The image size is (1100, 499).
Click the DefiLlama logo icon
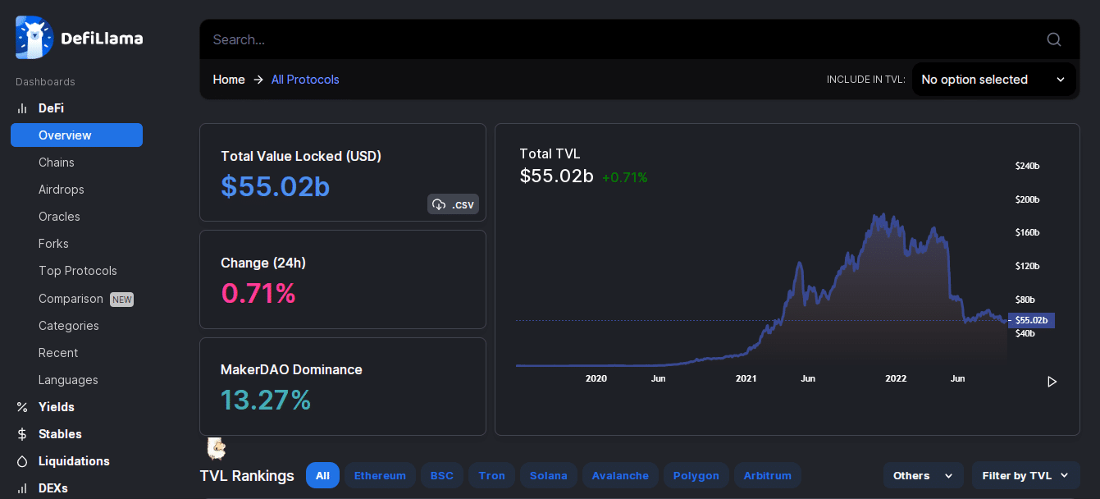[x=34, y=37]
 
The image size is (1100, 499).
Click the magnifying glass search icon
[x=1054, y=39]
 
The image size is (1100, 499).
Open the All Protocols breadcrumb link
[x=305, y=80]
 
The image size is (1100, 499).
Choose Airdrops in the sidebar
[x=62, y=190]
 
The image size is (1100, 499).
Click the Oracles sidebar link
[x=59, y=217]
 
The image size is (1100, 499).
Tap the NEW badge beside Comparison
[x=121, y=299]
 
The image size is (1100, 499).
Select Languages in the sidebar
[x=68, y=380]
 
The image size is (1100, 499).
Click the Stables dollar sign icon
[x=21, y=434]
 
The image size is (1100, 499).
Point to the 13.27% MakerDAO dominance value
[x=266, y=400]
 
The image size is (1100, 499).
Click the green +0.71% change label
[x=624, y=177]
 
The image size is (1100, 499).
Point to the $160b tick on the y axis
[x=1027, y=232]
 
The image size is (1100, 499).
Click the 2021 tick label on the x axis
[x=746, y=378]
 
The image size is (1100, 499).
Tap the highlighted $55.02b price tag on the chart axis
[x=1031, y=320]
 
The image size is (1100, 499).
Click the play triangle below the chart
[x=1052, y=382]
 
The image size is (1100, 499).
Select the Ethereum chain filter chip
[x=380, y=475]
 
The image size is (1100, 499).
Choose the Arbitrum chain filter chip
[x=768, y=475]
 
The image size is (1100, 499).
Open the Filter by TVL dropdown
[x=1025, y=475]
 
